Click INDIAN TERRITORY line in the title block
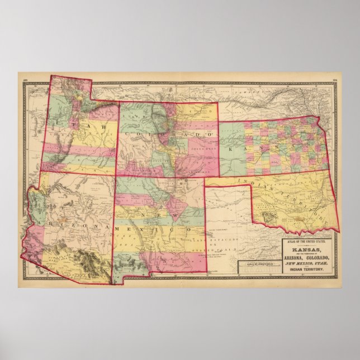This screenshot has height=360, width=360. [308, 272]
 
